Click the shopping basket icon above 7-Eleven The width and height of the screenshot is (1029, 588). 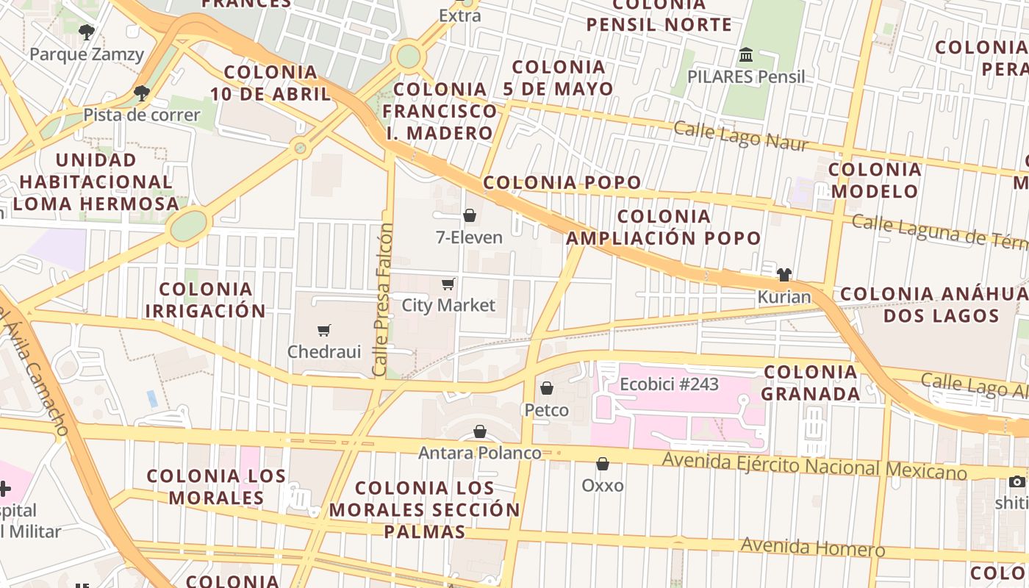(469, 215)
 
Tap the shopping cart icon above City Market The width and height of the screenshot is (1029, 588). (448, 284)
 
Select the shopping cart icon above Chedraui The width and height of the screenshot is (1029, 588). (323, 330)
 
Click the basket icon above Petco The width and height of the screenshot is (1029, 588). (546, 387)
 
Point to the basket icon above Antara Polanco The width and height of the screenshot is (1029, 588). (480, 431)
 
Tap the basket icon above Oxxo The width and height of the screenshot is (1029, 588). (602, 464)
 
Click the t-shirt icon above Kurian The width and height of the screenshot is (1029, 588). (784, 276)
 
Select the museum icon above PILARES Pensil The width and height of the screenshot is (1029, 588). (746, 55)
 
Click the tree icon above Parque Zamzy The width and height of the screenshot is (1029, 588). (87, 32)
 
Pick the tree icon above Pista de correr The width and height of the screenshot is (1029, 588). (141, 93)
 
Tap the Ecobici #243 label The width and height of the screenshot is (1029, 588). (669, 384)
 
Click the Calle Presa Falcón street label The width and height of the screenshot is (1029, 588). (383, 300)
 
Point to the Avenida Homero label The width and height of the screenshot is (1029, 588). (812, 547)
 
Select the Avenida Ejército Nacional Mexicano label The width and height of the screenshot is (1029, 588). (814, 465)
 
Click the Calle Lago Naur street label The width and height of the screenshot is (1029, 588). (741, 136)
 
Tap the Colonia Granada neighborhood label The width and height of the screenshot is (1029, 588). (810, 382)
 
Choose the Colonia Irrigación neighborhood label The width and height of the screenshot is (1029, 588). (205, 300)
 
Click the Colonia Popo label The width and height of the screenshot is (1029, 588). (562, 182)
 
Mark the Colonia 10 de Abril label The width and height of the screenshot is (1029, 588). (270, 83)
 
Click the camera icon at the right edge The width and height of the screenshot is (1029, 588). (1017, 482)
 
